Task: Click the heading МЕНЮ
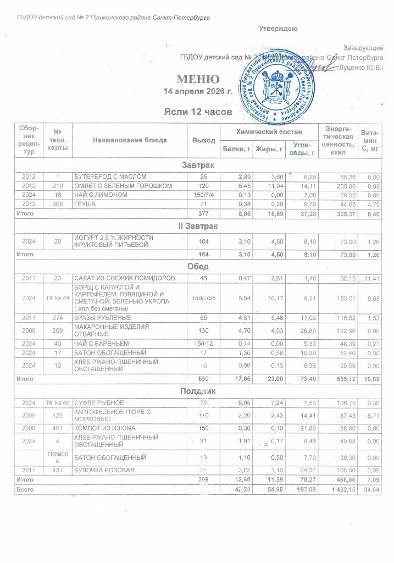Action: [x=198, y=79]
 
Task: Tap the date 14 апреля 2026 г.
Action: [x=199, y=91]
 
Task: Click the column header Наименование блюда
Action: [x=130, y=140]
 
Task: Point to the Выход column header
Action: [x=203, y=140]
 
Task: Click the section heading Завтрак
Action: [x=198, y=165]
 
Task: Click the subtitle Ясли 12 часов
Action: [x=196, y=112]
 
